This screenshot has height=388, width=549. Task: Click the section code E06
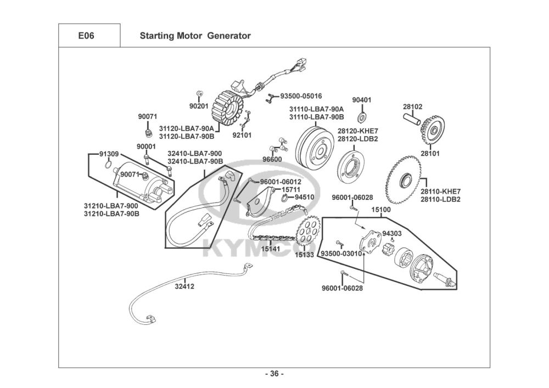pyautogui.click(x=86, y=36)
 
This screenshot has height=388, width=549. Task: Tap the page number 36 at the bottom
pyautogui.click(x=274, y=374)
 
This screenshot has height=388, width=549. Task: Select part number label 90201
pyautogui.click(x=198, y=105)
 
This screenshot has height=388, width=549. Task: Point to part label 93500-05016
pyautogui.click(x=301, y=95)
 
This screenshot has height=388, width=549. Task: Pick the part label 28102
pyautogui.click(x=412, y=106)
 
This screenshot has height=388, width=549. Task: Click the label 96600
pyautogui.click(x=272, y=159)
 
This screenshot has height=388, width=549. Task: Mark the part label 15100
pyautogui.click(x=381, y=210)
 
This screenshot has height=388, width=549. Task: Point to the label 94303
pyautogui.click(x=391, y=233)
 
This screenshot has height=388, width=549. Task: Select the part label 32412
pyautogui.click(x=184, y=286)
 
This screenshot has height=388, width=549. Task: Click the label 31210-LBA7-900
pyautogui.click(x=111, y=206)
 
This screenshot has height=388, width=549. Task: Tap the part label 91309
pyautogui.click(x=109, y=153)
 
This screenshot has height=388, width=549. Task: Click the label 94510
pyautogui.click(x=304, y=196)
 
